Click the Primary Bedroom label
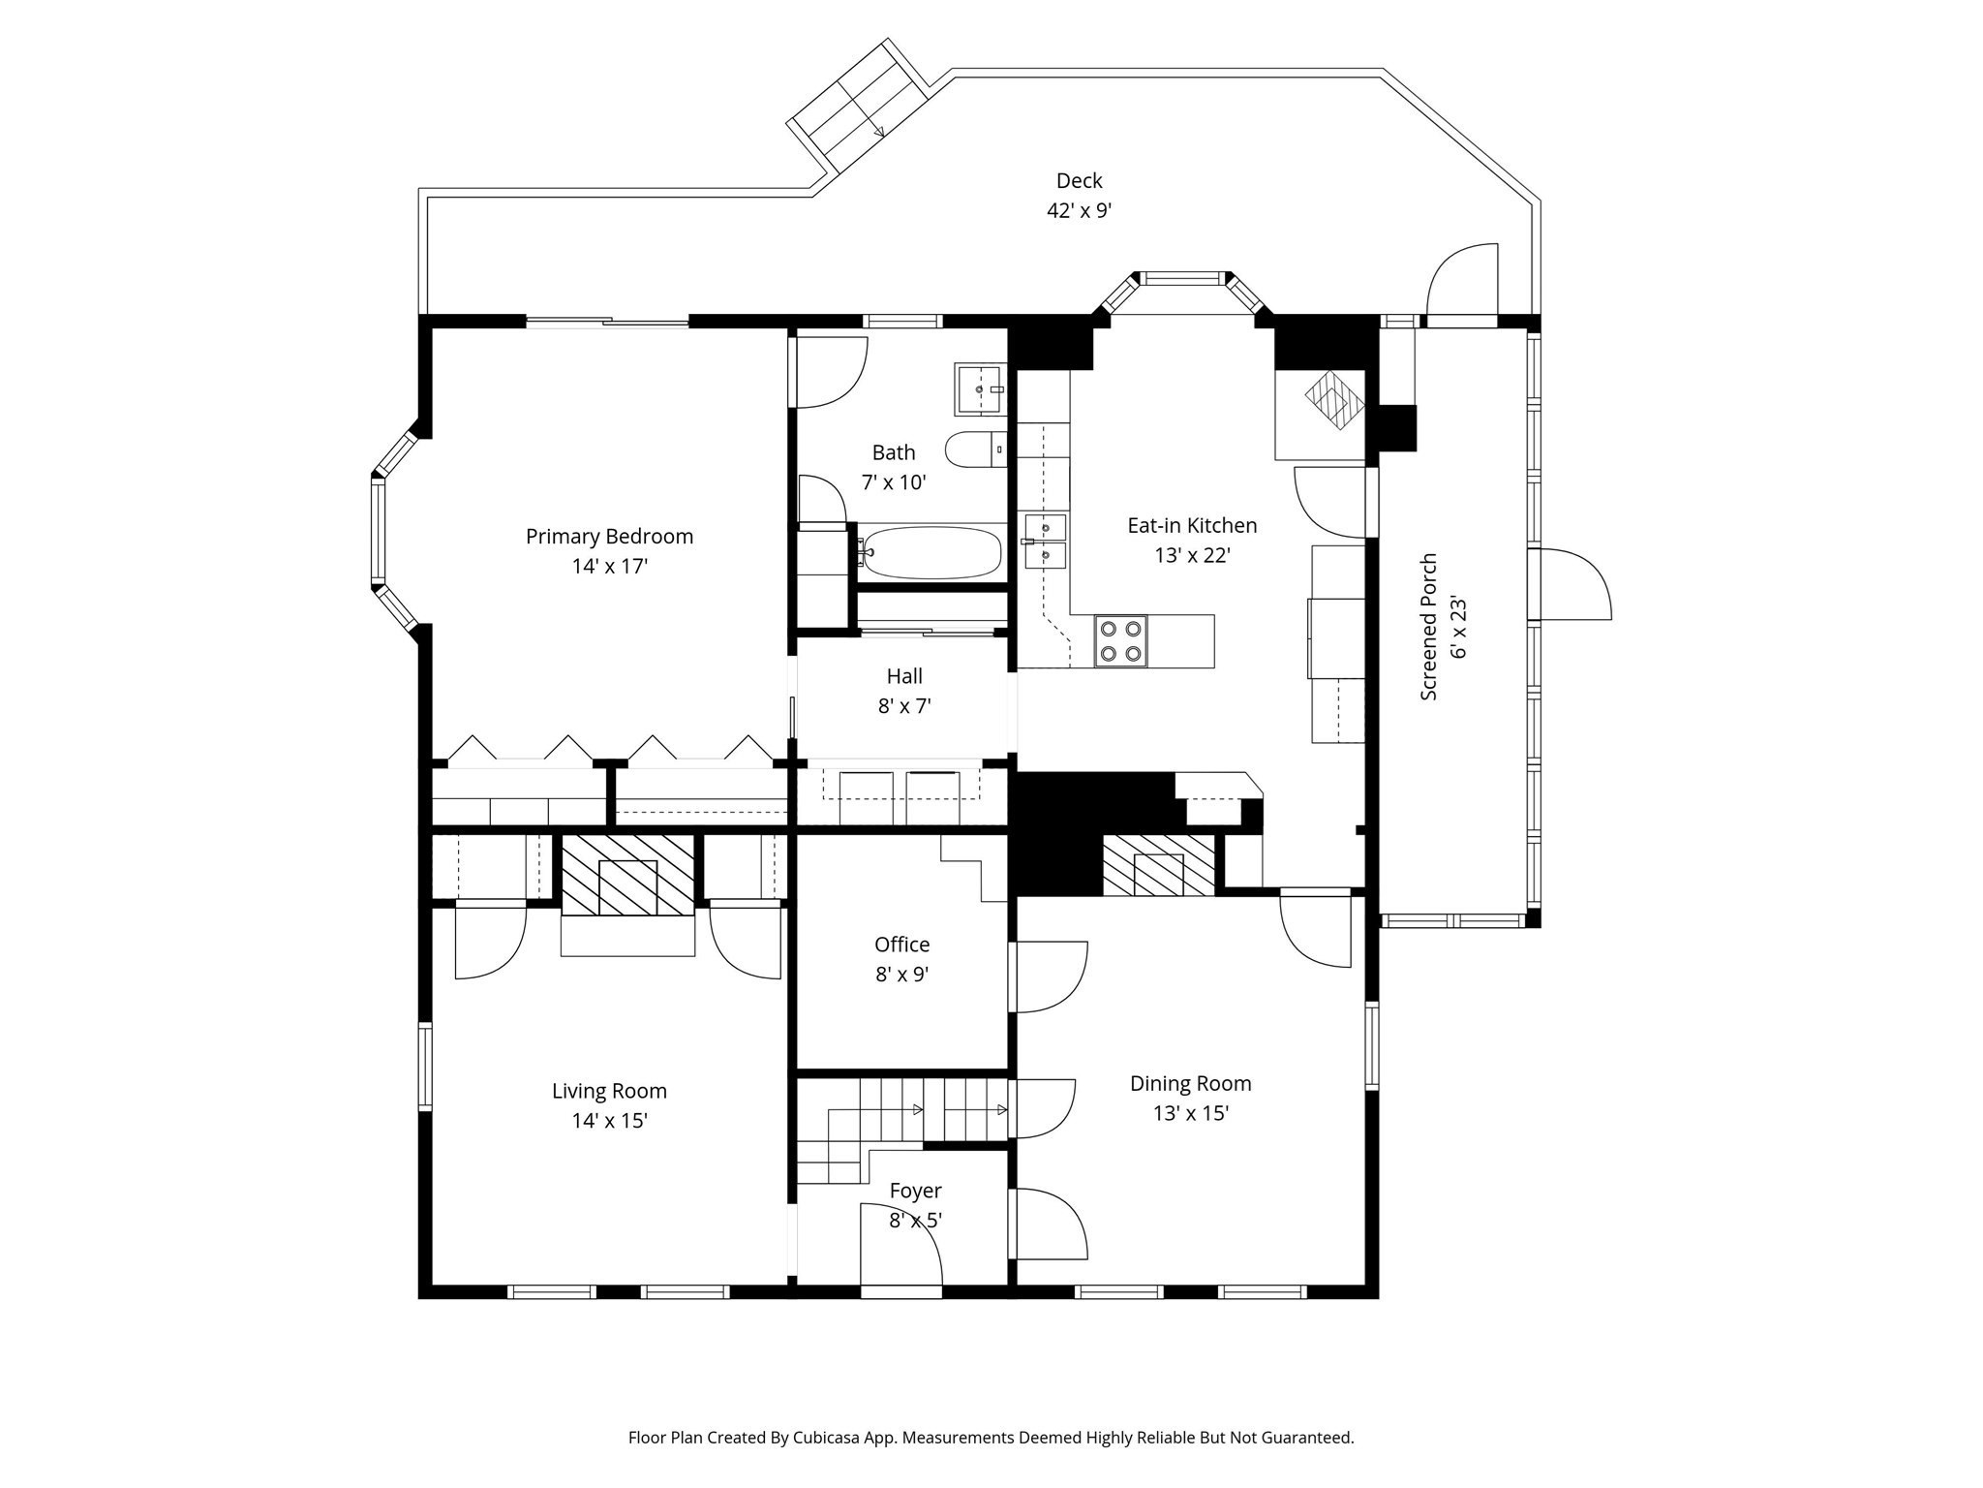tap(609, 537)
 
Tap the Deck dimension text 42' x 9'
tap(1079, 211)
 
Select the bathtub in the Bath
tap(931, 553)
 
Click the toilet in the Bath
tap(974, 449)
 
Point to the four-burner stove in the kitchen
tap(1120, 640)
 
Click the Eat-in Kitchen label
tap(1192, 526)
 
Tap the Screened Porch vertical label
tap(1429, 627)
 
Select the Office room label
tap(901, 945)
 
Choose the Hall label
tap(904, 676)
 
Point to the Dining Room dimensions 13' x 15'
tap(1190, 1113)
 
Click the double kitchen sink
tap(1046, 541)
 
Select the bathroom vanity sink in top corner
tap(980, 389)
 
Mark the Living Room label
tap(609, 1091)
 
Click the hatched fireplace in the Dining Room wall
tap(1158, 865)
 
